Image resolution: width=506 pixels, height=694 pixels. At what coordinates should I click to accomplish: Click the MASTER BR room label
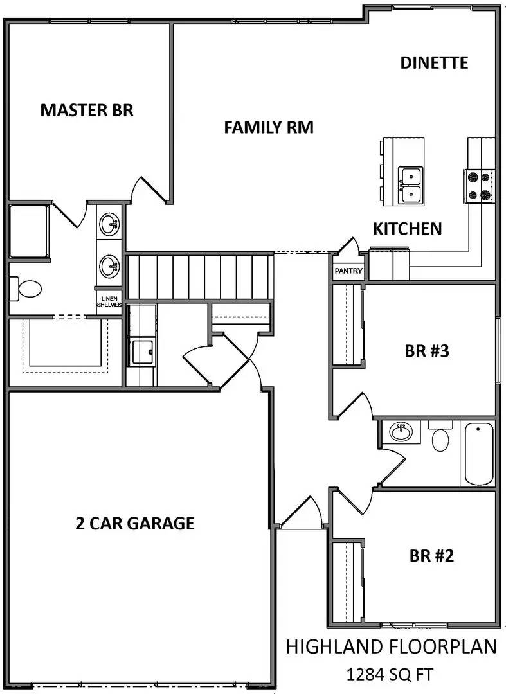coord(87,110)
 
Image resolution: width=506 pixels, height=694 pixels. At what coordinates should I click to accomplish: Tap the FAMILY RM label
coord(269,127)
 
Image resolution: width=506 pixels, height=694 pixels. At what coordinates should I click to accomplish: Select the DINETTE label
coord(434,63)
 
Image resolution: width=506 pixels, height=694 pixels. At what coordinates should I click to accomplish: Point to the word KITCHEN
coord(408,229)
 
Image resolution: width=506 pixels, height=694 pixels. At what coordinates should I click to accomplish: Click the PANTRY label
coord(348,271)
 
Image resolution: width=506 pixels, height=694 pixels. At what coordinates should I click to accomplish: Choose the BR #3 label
coord(430,351)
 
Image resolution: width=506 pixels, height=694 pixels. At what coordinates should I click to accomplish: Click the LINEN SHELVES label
coord(109,301)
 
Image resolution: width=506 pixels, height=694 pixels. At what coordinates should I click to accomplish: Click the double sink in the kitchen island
coord(410,185)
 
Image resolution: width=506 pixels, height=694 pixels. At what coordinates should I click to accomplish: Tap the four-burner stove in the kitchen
coord(479,186)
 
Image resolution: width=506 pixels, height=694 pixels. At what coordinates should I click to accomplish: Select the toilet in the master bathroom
coord(26,289)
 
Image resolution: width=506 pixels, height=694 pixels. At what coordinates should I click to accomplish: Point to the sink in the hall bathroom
coord(401,432)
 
